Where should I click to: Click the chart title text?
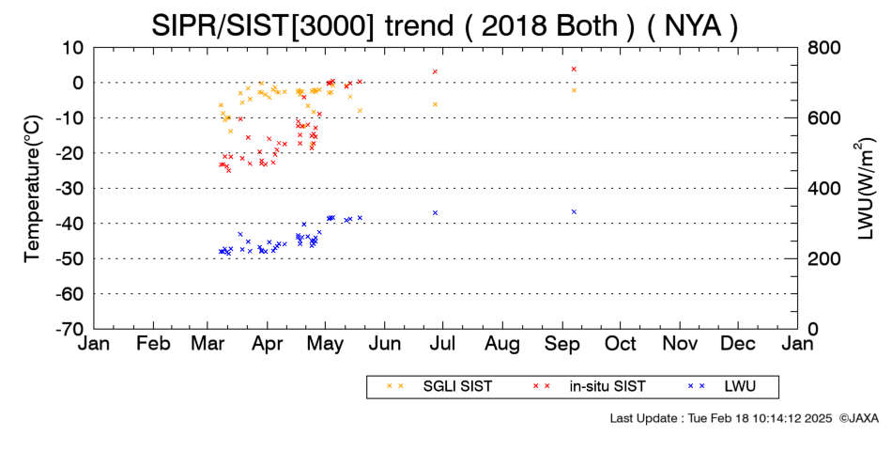point(444,25)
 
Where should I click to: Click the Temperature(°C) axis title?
point(33,189)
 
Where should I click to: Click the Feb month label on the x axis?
point(154,344)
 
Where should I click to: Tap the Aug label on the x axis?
point(502,344)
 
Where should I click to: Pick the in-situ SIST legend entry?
point(590,387)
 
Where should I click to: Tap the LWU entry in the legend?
point(722,387)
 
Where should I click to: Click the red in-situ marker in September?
point(574,69)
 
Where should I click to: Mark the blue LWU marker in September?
point(574,211)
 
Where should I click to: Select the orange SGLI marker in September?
point(574,90)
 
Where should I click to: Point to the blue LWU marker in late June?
point(435,213)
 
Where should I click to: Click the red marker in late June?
point(435,71)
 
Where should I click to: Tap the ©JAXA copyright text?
point(859,418)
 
